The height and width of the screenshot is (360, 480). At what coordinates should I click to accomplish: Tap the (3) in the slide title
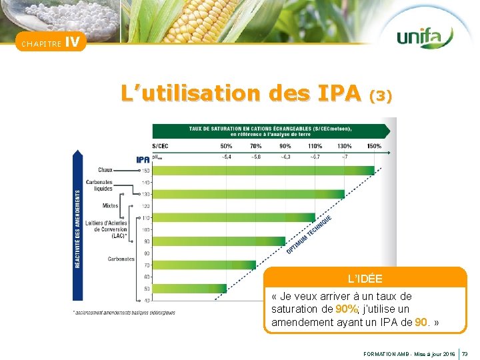pos(380,96)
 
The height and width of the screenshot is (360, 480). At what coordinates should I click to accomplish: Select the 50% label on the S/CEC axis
pos(226,146)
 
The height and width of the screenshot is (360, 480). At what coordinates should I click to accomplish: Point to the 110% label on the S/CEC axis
pos(315,146)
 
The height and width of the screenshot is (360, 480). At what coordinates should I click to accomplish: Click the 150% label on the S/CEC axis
pos(374,146)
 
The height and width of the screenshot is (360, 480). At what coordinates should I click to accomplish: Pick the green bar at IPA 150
pos(263,170)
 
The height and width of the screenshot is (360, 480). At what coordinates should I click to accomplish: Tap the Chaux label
pos(106,170)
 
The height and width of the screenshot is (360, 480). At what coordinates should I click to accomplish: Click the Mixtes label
pos(111,205)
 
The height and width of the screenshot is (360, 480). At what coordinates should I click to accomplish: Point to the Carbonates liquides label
pos(99,185)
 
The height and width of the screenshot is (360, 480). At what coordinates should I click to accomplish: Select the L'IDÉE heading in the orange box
pos(365,277)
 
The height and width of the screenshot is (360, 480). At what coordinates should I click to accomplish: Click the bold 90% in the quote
pos(347,309)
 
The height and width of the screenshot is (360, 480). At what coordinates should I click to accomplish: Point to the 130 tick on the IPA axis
pos(146,194)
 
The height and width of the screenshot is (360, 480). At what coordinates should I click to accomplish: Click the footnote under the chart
pos(124,312)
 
